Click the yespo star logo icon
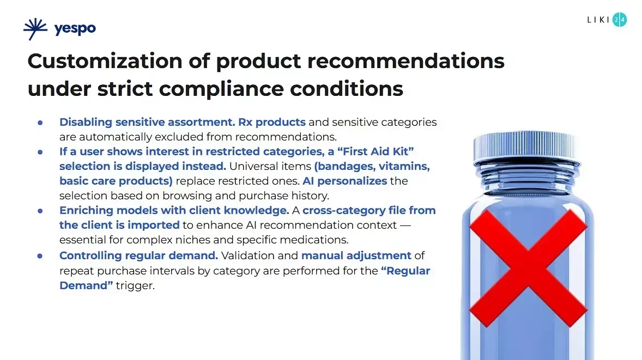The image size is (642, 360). pyautogui.click(x=35, y=29)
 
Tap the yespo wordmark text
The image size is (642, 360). pyautogui.click(x=75, y=29)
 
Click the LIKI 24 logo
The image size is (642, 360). pyautogui.click(x=607, y=20)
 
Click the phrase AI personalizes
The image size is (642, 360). pyautogui.click(x=344, y=180)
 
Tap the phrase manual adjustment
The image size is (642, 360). pyautogui.click(x=356, y=255)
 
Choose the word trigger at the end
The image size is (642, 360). pyautogui.click(x=135, y=285)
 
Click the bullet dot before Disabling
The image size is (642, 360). pyautogui.click(x=40, y=123)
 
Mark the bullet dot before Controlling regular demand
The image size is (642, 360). pyautogui.click(x=40, y=255)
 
